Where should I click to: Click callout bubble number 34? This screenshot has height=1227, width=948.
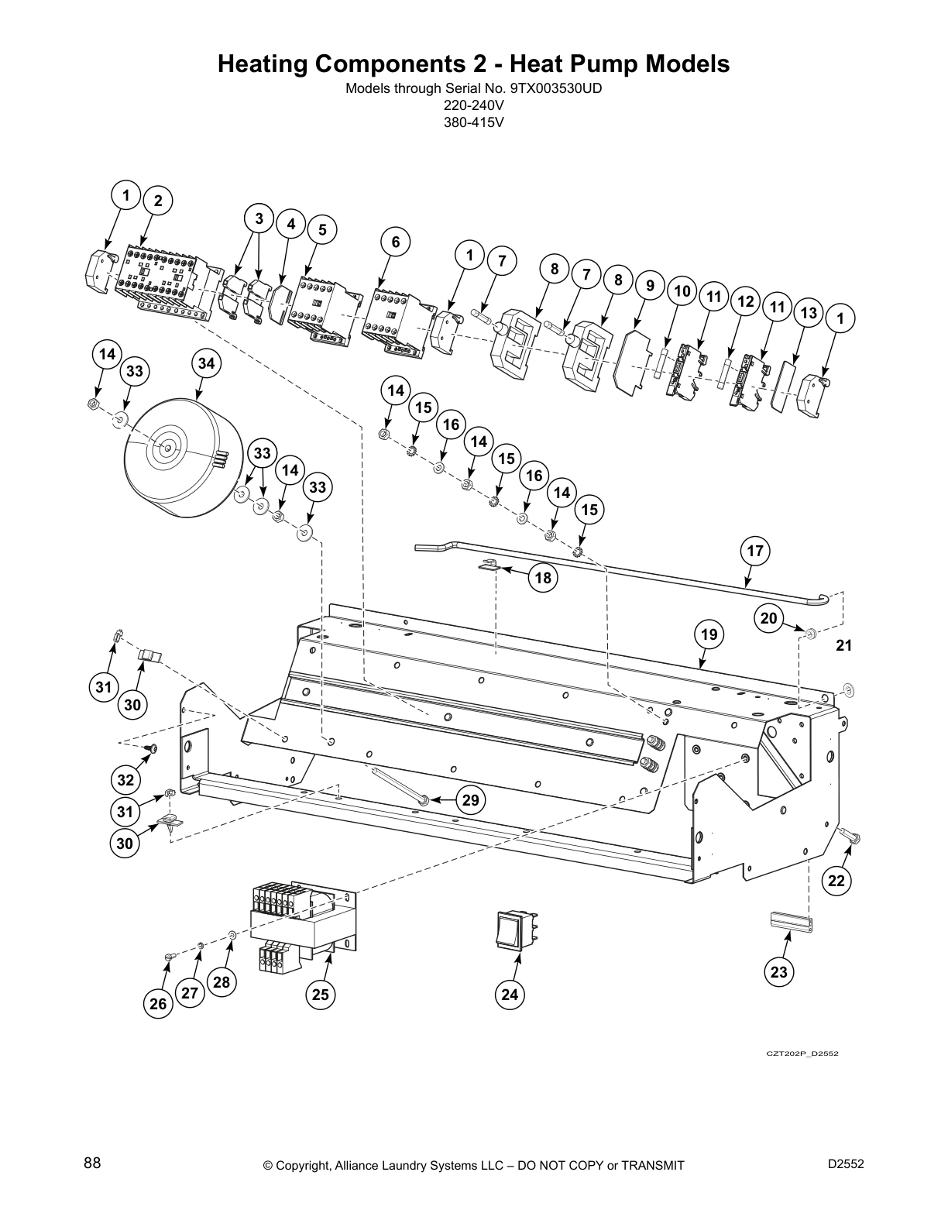click(205, 363)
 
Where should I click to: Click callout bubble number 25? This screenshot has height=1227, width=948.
click(320, 995)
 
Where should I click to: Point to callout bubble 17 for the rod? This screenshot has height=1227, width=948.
click(755, 552)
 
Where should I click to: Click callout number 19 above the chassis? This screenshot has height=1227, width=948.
click(709, 635)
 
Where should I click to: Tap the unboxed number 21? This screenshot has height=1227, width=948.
click(843, 645)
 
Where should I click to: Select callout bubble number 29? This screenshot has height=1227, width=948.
click(471, 800)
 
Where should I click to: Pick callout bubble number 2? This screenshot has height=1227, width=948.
click(158, 201)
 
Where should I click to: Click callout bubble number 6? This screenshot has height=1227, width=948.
click(395, 242)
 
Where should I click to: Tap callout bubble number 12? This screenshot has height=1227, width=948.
click(745, 302)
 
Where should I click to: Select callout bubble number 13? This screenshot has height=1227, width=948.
click(809, 313)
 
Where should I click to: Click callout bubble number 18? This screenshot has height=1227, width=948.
click(544, 577)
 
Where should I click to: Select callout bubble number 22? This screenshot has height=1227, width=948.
click(837, 880)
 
